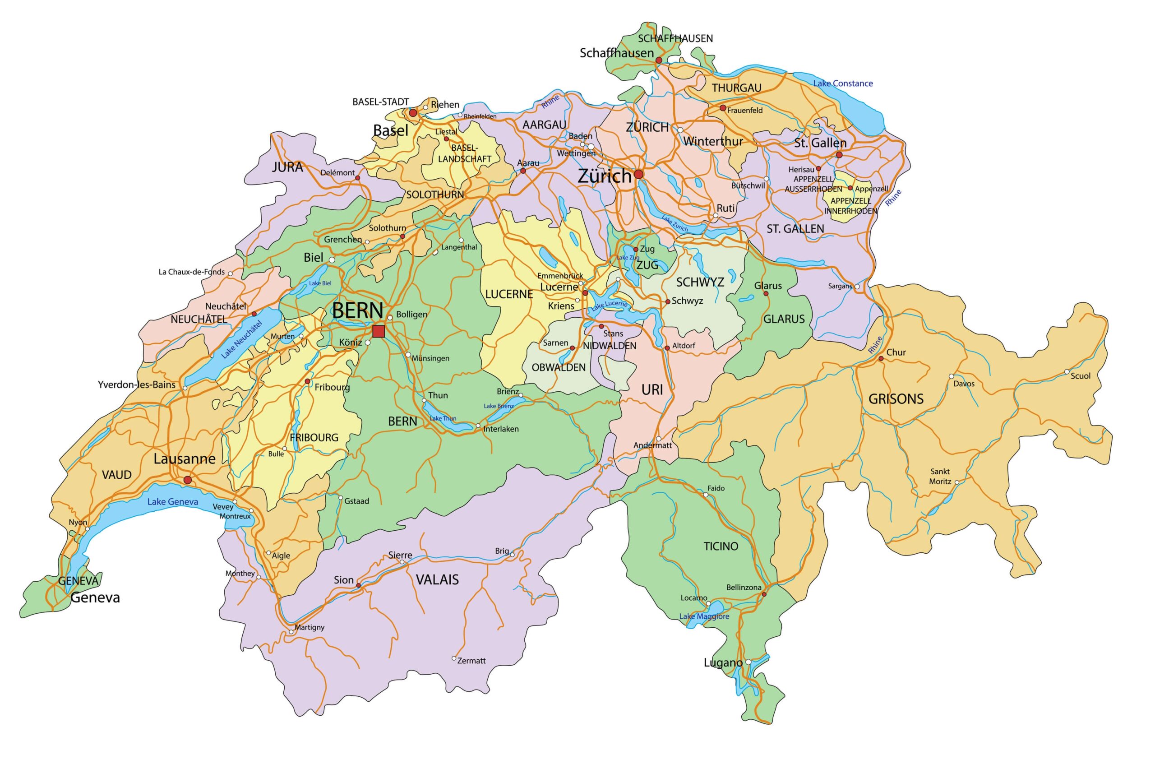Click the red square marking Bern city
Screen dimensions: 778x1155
[379, 331]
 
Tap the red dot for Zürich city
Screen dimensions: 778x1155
[638, 174]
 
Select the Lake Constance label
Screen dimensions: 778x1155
[843, 83]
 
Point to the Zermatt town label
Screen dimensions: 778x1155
[471, 660]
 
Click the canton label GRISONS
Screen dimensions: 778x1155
[896, 399]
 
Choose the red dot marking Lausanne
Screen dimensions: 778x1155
[187, 480]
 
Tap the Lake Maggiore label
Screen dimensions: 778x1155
[704, 616]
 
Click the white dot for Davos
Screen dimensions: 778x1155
[951, 376]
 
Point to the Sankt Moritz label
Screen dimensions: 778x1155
[940, 477]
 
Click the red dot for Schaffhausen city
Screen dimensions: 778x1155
[659, 60]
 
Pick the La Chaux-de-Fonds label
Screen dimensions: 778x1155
[191, 272]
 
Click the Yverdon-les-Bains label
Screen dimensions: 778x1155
[136, 384]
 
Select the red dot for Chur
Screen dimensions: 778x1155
[881, 358]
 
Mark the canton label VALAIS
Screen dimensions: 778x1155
[437, 579]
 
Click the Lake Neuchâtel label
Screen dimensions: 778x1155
[241, 340]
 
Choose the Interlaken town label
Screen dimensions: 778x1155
[500, 429]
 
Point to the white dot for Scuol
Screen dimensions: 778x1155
[1067, 372]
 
